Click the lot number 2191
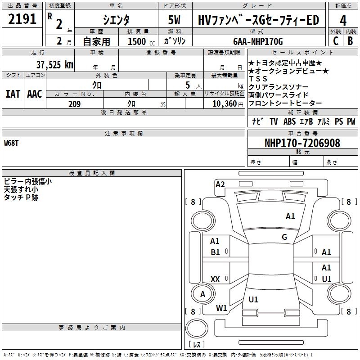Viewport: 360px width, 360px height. (22, 19)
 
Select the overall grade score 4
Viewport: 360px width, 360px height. (343, 20)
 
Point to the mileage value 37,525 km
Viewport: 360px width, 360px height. (54, 64)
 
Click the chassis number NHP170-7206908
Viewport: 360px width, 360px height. (302, 143)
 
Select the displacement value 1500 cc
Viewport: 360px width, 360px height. (140, 41)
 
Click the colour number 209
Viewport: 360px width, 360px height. (74, 104)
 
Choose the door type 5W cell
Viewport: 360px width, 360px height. (175, 20)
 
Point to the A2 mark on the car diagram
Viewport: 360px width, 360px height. (220, 184)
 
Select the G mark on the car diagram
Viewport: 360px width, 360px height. (284, 237)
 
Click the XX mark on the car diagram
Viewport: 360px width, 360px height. (215, 279)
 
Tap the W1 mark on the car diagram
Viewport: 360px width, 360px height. (221, 308)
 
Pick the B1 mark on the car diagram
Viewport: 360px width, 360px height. (215, 252)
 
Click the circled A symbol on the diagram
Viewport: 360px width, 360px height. (202, 294)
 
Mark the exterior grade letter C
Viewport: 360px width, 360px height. (335, 41)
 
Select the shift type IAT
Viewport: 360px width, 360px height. (13, 94)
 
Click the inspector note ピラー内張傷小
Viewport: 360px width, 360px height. (28, 181)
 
